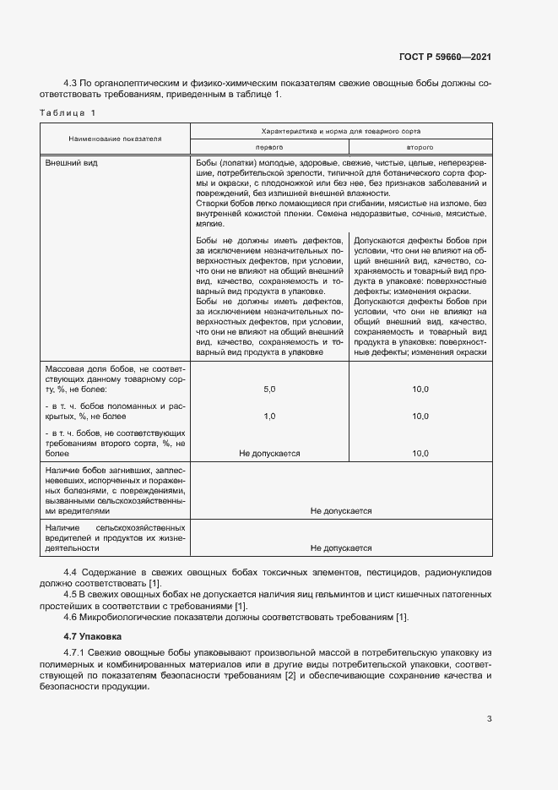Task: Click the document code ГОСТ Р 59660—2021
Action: click(x=446, y=57)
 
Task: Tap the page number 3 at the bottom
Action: click(x=490, y=719)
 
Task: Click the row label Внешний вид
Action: click(x=72, y=162)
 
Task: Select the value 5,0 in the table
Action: click(x=269, y=389)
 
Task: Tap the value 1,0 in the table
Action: click(x=269, y=417)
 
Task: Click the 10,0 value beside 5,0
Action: click(x=420, y=389)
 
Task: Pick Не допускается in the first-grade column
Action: click(x=269, y=454)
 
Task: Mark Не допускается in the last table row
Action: click(x=341, y=548)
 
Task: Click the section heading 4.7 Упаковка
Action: click(x=93, y=635)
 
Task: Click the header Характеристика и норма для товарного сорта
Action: click(x=341, y=132)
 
